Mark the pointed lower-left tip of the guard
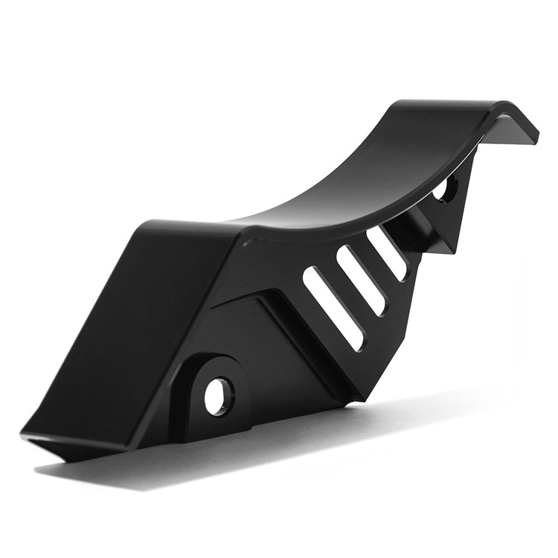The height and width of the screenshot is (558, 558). [x=27, y=434]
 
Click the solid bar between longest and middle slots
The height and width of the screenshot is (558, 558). [x=347, y=294]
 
